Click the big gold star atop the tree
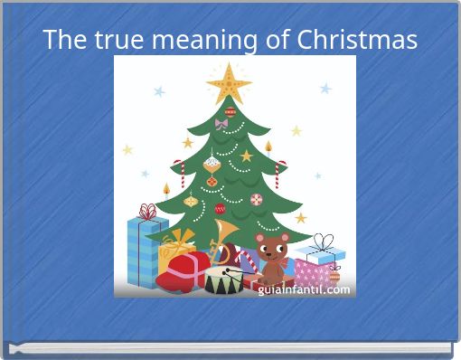coord(229,83)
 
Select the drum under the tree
coord(222,278)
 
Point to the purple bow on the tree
coord(221,124)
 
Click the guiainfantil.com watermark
coord(304,289)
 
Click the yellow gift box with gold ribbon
coord(176,249)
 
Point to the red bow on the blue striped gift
coord(147,212)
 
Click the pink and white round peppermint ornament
coord(256,199)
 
